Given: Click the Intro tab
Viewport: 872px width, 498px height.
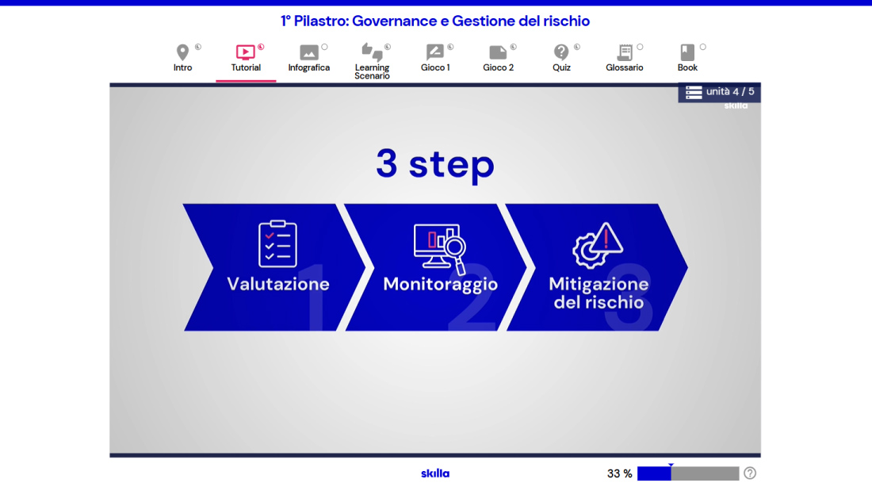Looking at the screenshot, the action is (x=182, y=59).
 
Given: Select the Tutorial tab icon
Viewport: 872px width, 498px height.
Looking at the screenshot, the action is (x=245, y=52).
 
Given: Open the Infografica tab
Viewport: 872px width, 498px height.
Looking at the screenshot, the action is (x=308, y=59).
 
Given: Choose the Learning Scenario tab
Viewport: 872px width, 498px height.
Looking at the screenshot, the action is (x=372, y=61).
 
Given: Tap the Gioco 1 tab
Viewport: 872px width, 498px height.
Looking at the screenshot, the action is (x=435, y=59).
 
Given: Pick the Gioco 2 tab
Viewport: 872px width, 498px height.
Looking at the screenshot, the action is (x=499, y=59).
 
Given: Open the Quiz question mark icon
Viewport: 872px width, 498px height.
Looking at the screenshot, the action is (x=561, y=52).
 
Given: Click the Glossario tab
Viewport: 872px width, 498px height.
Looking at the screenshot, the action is (x=625, y=59).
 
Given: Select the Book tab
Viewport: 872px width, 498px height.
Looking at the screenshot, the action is (x=687, y=59).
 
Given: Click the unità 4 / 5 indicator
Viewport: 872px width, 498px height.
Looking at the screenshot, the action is (x=720, y=92).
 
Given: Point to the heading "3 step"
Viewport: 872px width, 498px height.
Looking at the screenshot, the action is (x=435, y=164).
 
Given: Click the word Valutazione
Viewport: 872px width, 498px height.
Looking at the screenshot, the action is (x=278, y=284).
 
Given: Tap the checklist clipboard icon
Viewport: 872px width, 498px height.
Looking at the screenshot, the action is (x=277, y=243).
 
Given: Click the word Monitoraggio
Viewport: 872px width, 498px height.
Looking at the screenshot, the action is (x=441, y=285).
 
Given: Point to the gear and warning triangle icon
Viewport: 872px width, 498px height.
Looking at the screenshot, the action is (x=597, y=245).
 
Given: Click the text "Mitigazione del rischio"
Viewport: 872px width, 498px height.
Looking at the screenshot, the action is (x=599, y=293).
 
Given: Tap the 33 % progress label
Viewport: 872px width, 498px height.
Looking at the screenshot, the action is (x=620, y=473).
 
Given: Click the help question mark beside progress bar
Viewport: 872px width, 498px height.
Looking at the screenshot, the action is (x=750, y=473).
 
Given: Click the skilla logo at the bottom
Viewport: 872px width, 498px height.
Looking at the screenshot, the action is (x=435, y=473).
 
